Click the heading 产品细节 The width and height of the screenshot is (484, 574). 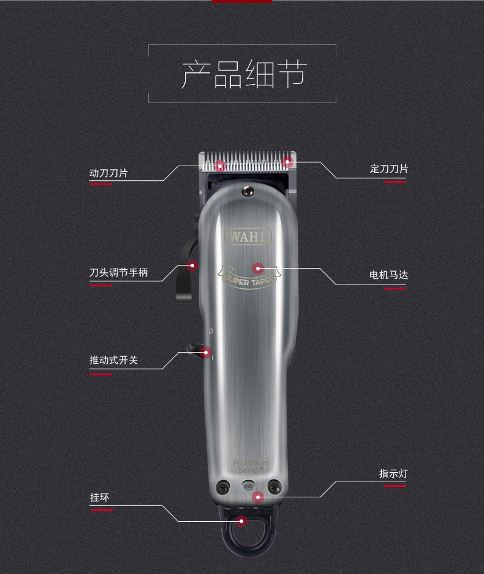(x=244, y=74)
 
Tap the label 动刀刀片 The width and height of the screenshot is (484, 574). (x=108, y=173)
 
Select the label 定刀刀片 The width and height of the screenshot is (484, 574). (x=389, y=169)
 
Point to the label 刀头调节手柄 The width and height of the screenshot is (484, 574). (x=118, y=272)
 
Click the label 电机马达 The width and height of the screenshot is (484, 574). (x=388, y=275)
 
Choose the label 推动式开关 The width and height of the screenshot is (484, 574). (x=113, y=360)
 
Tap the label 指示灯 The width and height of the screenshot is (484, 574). (x=393, y=473)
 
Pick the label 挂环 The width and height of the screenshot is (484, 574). (x=99, y=497)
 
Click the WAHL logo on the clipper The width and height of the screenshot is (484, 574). (x=248, y=237)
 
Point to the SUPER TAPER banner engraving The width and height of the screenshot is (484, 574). (x=249, y=277)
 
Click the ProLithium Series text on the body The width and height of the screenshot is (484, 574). (x=251, y=466)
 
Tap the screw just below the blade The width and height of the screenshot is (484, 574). (x=248, y=191)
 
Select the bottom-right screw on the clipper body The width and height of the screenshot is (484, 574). (x=274, y=487)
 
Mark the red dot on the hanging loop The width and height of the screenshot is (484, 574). (x=241, y=521)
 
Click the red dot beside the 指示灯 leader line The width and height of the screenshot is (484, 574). (x=258, y=497)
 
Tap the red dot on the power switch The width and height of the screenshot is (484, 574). (x=206, y=353)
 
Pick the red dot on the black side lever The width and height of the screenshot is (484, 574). (x=192, y=266)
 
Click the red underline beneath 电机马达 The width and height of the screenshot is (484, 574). (x=395, y=288)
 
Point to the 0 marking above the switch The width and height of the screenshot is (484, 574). (x=211, y=331)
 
